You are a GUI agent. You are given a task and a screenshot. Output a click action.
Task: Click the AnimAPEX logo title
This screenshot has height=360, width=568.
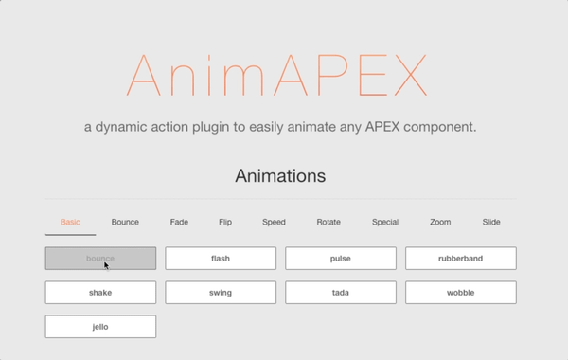(279, 76)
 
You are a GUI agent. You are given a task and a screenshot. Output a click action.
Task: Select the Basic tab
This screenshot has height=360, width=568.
(70, 223)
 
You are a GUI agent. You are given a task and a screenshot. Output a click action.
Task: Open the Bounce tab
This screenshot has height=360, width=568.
(125, 223)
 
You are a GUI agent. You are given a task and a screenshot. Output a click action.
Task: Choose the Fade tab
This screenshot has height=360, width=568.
(179, 223)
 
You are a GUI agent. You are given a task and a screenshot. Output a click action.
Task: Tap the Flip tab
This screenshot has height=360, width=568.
(225, 223)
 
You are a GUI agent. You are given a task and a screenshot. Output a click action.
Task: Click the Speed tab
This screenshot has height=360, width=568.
(274, 223)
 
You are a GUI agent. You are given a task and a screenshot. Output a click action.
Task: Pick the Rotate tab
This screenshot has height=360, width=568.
(328, 223)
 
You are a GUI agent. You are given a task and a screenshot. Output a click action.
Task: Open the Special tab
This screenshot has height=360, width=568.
(384, 223)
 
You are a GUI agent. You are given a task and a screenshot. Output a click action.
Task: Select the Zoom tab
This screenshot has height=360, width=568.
(440, 223)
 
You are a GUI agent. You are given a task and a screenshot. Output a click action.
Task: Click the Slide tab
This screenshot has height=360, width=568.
(491, 223)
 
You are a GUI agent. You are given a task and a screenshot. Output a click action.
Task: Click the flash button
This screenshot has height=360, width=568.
(221, 259)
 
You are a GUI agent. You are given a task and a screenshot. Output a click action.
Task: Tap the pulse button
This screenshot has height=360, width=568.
(341, 259)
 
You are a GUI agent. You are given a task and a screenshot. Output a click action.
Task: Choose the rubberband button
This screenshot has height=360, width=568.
(461, 259)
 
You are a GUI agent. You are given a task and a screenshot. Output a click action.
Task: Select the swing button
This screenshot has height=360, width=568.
(221, 293)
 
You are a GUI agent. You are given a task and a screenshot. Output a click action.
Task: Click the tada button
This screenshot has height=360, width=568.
(341, 293)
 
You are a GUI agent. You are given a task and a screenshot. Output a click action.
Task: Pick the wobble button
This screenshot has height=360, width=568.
(461, 293)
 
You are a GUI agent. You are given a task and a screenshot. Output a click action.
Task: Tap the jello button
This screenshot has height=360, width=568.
(100, 327)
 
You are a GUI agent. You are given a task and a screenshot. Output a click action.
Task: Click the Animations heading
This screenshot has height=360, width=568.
(279, 176)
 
